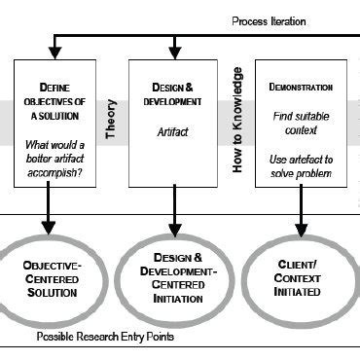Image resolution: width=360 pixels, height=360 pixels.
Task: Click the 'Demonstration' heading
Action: click(x=300, y=87)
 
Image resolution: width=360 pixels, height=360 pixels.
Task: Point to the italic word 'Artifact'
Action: click(x=172, y=130)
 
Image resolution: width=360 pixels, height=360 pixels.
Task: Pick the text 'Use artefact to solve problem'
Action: click(x=300, y=164)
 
